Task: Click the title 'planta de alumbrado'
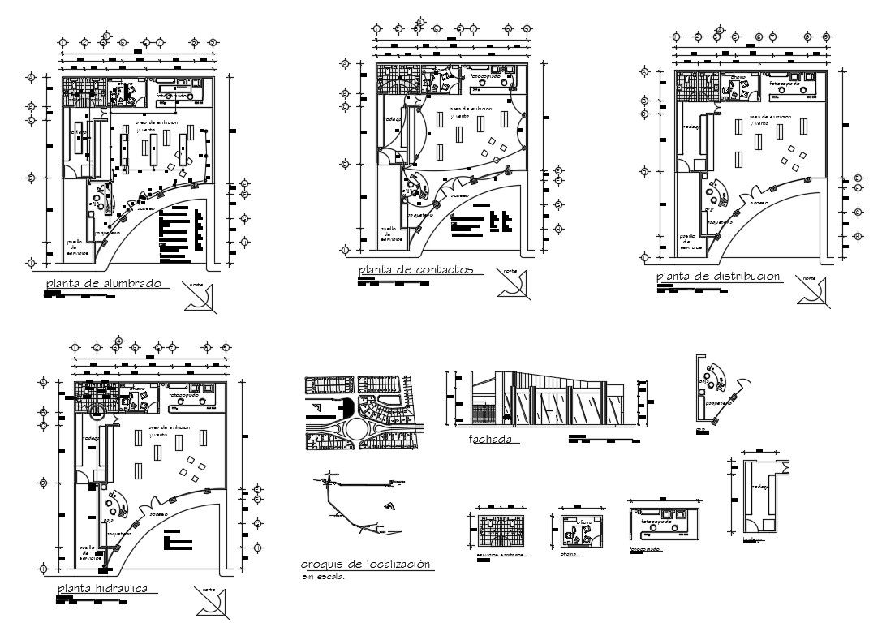tap(102, 284)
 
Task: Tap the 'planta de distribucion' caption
tap(718, 277)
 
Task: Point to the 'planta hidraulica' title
tap(102, 588)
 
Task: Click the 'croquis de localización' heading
tap(365, 565)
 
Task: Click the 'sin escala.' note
tap(323, 578)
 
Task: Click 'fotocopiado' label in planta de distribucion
tap(785, 84)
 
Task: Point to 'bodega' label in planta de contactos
tap(393, 119)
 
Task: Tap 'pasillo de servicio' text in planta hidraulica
tap(91, 552)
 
